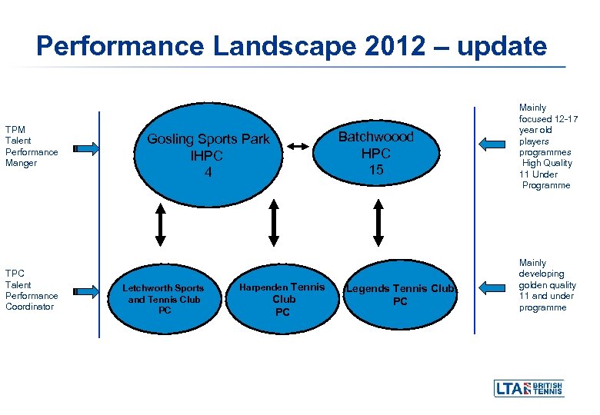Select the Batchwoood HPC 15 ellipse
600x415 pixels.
click(x=376, y=152)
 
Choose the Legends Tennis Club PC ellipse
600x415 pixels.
click(x=400, y=294)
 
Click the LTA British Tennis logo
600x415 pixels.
click(x=528, y=388)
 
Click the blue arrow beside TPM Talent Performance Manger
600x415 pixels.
click(x=85, y=147)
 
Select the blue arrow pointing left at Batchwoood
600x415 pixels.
click(x=492, y=143)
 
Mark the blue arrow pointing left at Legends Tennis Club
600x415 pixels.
click(x=492, y=287)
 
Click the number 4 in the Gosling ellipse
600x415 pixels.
click(x=208, y=173)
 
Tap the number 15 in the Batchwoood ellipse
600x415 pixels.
click(x=376, y=169)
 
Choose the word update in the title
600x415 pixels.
click(x=502, y=46)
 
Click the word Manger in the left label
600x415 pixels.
click(x=21, y=163)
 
